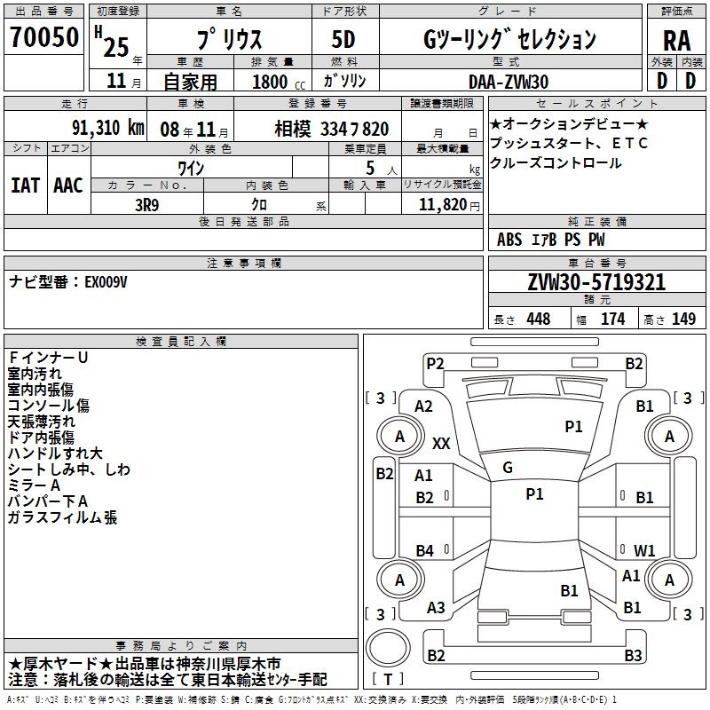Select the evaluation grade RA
coord(676,41)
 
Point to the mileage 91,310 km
coord(106,128)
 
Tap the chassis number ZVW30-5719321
coord(596,282)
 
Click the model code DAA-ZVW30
coord(509,81)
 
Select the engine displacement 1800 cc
coord(272,82)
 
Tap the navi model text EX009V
coord(106,282)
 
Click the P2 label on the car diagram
coord(435,363)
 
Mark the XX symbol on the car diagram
coord(441,443)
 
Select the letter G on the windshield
coord(508,468)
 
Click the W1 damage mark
coord(644,550)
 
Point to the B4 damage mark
coord(425,551)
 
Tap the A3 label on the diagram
coord(436,607)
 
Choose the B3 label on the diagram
coord(633,656)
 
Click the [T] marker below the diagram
coord(388,680)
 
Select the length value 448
coord(538,319)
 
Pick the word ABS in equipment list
coord(509,239)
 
